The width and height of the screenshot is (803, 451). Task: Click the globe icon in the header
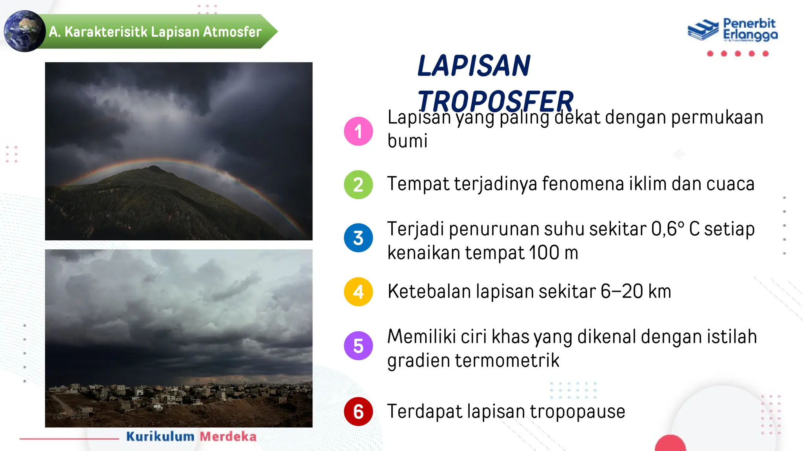pyautogui.click(x=24, y=31)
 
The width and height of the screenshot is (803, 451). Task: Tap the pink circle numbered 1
pyautogui.click(x=358, y=131)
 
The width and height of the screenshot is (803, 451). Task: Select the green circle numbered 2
pyautogui.click(x=358, y=184)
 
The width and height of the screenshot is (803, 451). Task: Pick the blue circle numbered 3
pyautogui.click(x=358, y=238)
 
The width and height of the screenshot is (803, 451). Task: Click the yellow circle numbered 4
pyautogui.click(x=358, y=292)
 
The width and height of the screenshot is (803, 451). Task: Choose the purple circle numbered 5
pyautogui.click(x=358, y=346)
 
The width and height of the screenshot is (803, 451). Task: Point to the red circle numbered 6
pyautogui.click(x=358, y=411)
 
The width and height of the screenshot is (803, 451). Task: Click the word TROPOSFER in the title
pyautogui.click(x=495, y=101)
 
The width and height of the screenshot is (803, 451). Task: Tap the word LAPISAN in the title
pyautogui.click(x=474, y=66)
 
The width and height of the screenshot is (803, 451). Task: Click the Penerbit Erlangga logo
pyautogui.click(x=732, y=30)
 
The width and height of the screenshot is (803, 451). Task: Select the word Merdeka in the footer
pyautogui.click(x=228, y=437)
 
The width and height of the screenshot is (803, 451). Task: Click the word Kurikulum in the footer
pyautogui.click(x=160, y=437)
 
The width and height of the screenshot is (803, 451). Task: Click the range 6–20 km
pyautogui.click(x=636, y=292)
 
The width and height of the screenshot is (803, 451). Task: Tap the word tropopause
pyautogui.click(x=577, y=411)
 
